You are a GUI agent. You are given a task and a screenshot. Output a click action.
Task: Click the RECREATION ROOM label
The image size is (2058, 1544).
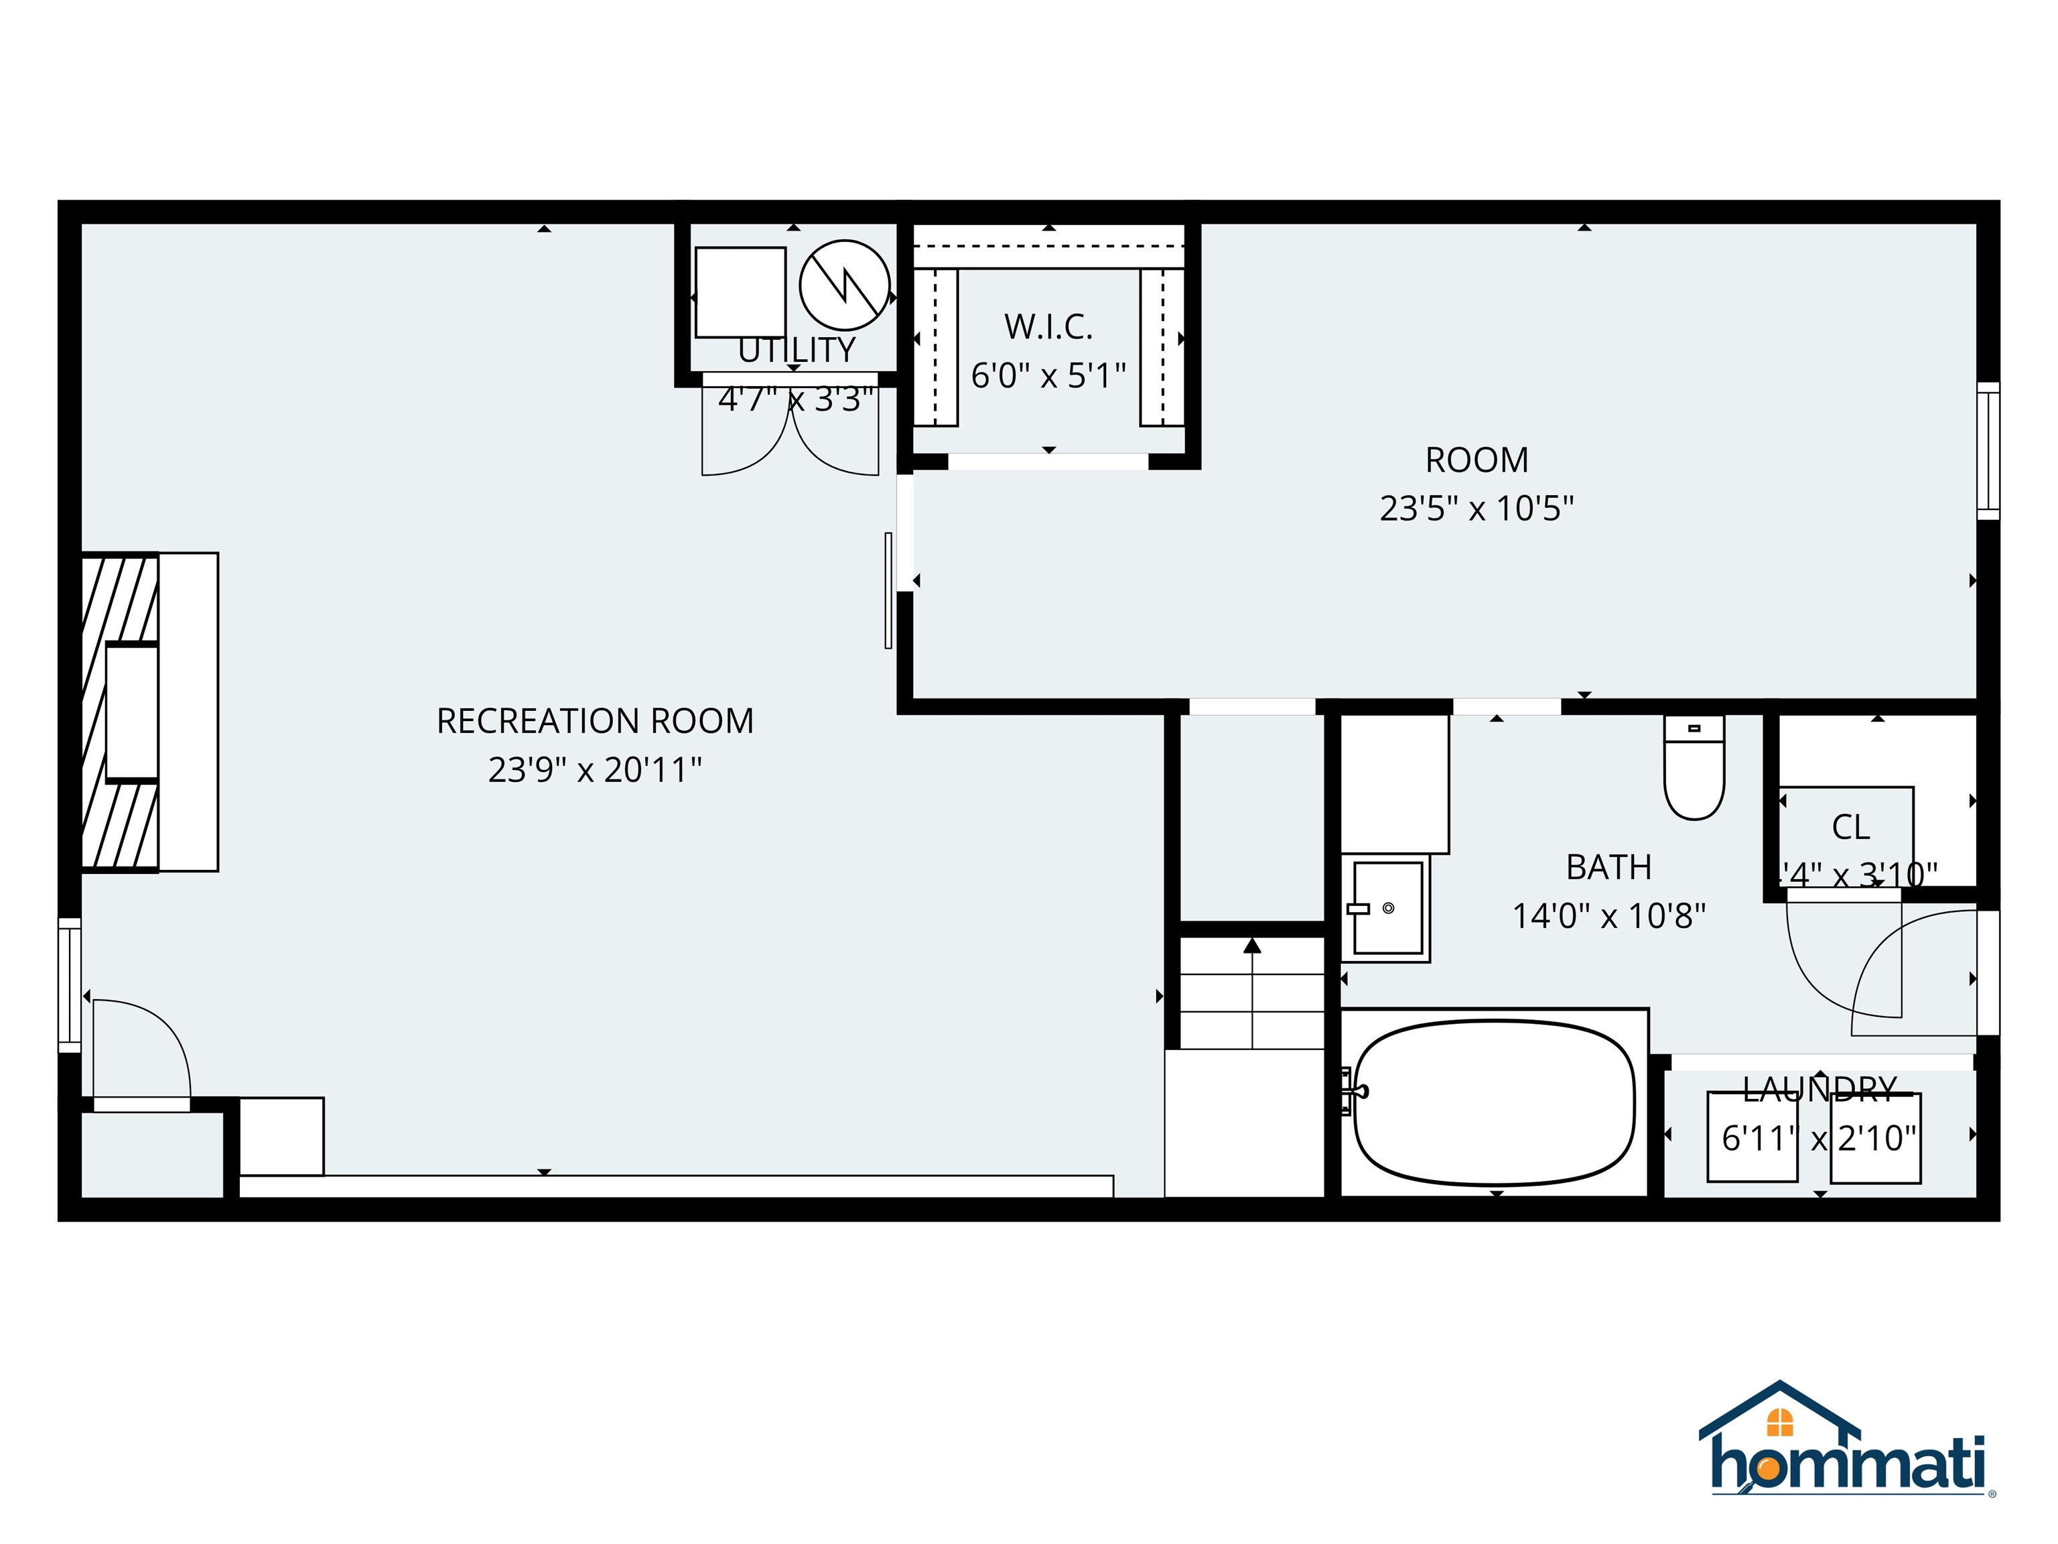(594, 721)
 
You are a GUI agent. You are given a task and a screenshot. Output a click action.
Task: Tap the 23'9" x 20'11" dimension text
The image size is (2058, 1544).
(594, 771)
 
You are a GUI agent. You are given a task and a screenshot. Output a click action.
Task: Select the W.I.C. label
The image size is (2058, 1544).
(1048, 326)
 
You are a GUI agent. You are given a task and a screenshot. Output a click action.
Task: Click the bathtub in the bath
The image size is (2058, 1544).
(1493, 1104)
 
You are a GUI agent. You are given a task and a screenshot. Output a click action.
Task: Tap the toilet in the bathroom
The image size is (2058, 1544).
(1694, 769)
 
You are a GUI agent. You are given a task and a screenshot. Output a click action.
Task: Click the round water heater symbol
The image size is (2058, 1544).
(844, 285)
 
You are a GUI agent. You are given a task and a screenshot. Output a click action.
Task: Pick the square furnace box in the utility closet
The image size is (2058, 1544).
(740, 292)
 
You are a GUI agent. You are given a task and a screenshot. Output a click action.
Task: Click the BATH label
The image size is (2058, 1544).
(1608, 867)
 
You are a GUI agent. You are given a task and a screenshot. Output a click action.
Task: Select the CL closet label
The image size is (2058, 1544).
(1850, 826)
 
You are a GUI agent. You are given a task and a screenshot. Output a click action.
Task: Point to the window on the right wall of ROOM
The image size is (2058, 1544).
(1987, 450)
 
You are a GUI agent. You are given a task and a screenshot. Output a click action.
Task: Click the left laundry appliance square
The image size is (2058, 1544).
(1751, 1137)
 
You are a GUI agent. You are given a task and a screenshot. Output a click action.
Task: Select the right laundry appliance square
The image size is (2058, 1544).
(1874, 1137)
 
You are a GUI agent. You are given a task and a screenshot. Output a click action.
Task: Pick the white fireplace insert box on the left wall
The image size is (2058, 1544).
(131, 712)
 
